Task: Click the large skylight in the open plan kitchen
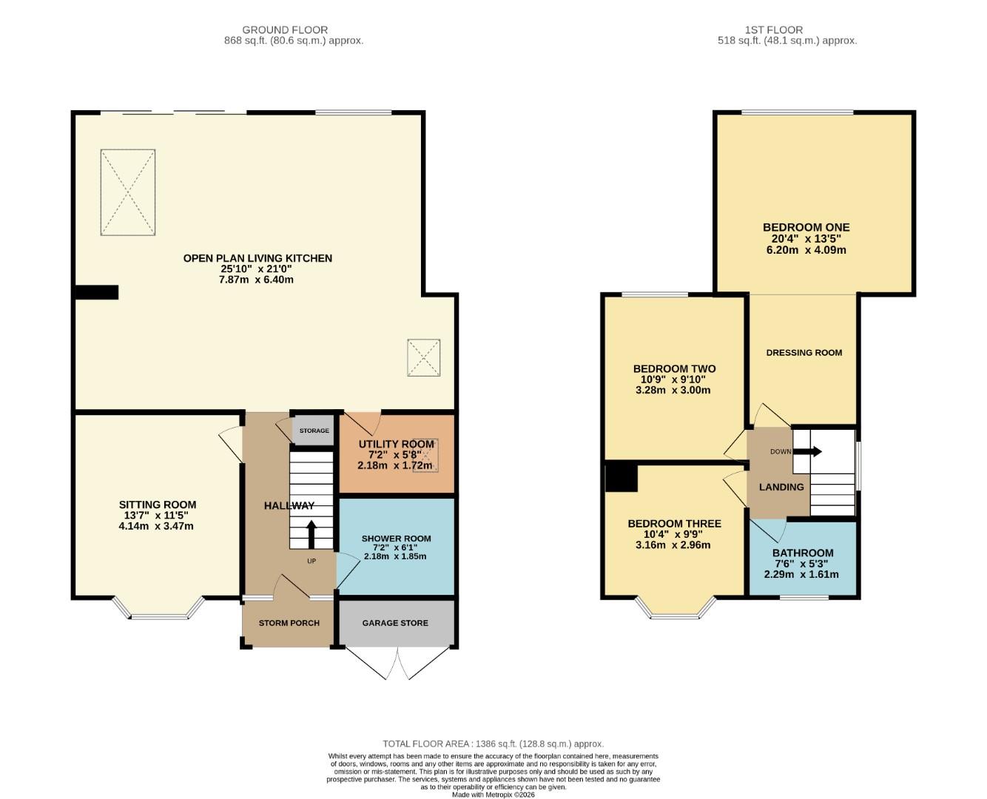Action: click(x=128, y=192)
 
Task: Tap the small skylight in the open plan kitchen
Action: click(x=423, y=358)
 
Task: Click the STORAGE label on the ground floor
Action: click(x=314, y=431)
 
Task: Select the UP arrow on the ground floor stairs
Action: click(x=311, y=534)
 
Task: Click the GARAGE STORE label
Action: click(x=395, y=623)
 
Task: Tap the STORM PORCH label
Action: click(x=289, y=623)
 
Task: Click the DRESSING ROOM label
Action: click(x=804, y=353)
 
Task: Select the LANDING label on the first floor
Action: click(x=781, y=487)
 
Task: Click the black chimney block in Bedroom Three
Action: click(x=621, y=477)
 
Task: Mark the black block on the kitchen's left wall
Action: click(x=97, y=292)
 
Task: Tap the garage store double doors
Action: click(x=397, y=662)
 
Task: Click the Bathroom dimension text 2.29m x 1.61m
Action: click(x=801, y=574)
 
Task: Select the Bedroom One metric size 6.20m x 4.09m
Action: click(x=806, y=250)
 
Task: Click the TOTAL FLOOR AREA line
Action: click(x=493, y=744)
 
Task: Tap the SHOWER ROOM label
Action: click(x=396, y=539)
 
